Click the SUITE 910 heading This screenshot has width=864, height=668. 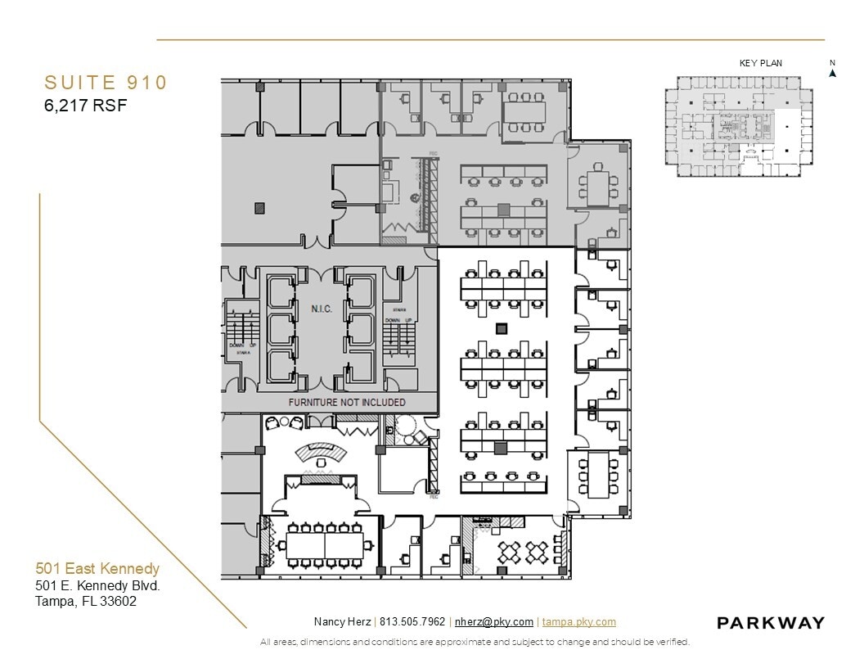coord(106,83)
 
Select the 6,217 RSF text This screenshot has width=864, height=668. coord(86,105)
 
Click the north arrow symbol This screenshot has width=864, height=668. coord(832,72)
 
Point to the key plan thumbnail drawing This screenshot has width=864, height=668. coord(738,126)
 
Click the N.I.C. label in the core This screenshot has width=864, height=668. coord(321,309)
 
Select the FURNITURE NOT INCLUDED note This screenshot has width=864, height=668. coord(347,403)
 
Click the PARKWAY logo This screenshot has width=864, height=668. coord(770,623)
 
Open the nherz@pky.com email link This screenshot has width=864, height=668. coord(494,622)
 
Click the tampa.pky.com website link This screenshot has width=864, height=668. coord(578,622)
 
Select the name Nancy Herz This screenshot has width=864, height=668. coord(342,622)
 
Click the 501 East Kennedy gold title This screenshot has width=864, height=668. coord(97,568)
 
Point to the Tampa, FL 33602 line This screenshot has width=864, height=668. coord(86,601)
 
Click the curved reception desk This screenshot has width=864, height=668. coord(320,454)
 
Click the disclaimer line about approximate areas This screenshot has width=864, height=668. coord(475,642)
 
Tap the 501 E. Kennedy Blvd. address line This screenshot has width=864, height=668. coord(97,585)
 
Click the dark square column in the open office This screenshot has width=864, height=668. coord(502,329)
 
